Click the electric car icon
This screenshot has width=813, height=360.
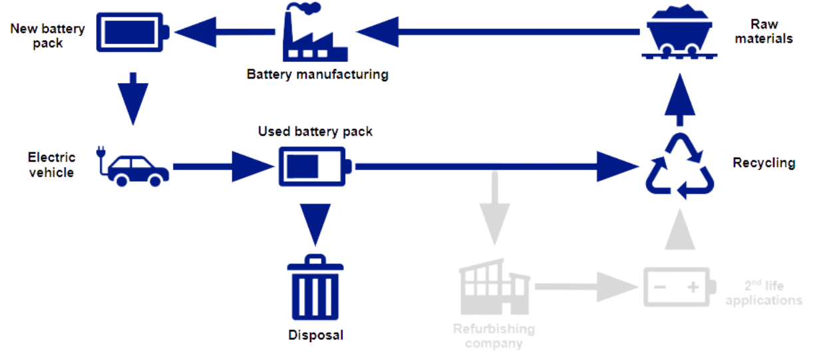tap(137, 169)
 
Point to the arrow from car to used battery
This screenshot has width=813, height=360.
tap(220, 166)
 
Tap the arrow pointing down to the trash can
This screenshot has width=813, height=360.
tap(315, 223)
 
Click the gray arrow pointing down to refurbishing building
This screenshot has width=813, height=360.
tap(494, 213)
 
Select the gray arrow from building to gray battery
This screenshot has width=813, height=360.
tap(585, 286)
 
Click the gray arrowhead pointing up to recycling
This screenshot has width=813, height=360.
tap(680, 230)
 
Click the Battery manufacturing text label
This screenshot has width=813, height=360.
tap(317, 73)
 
